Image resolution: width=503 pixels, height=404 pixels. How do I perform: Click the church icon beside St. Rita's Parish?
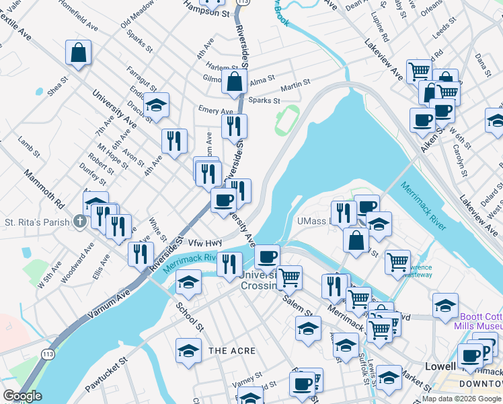coord(80,222)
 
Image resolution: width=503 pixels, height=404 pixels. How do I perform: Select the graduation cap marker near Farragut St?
coord(156,106)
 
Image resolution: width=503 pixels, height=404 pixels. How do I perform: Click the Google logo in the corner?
coord(22,396)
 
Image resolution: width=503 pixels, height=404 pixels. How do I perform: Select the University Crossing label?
coord(261,280)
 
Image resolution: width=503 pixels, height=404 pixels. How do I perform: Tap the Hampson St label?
coord(207,12)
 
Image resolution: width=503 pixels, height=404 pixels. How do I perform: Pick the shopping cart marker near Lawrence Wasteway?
coord(397,261)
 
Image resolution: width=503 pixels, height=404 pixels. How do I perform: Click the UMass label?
coord(311,222)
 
